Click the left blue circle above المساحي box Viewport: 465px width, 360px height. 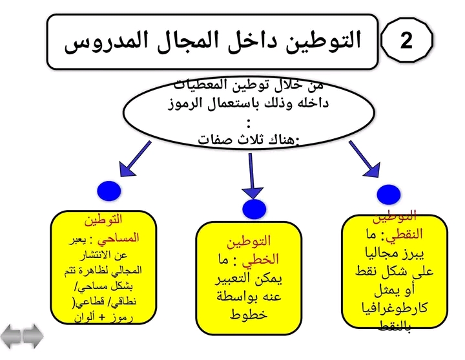(110, 192)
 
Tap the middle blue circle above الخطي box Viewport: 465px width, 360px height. (254, 208)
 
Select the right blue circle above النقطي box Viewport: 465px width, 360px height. (389, 194)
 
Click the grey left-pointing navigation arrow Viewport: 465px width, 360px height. (12, 337)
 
